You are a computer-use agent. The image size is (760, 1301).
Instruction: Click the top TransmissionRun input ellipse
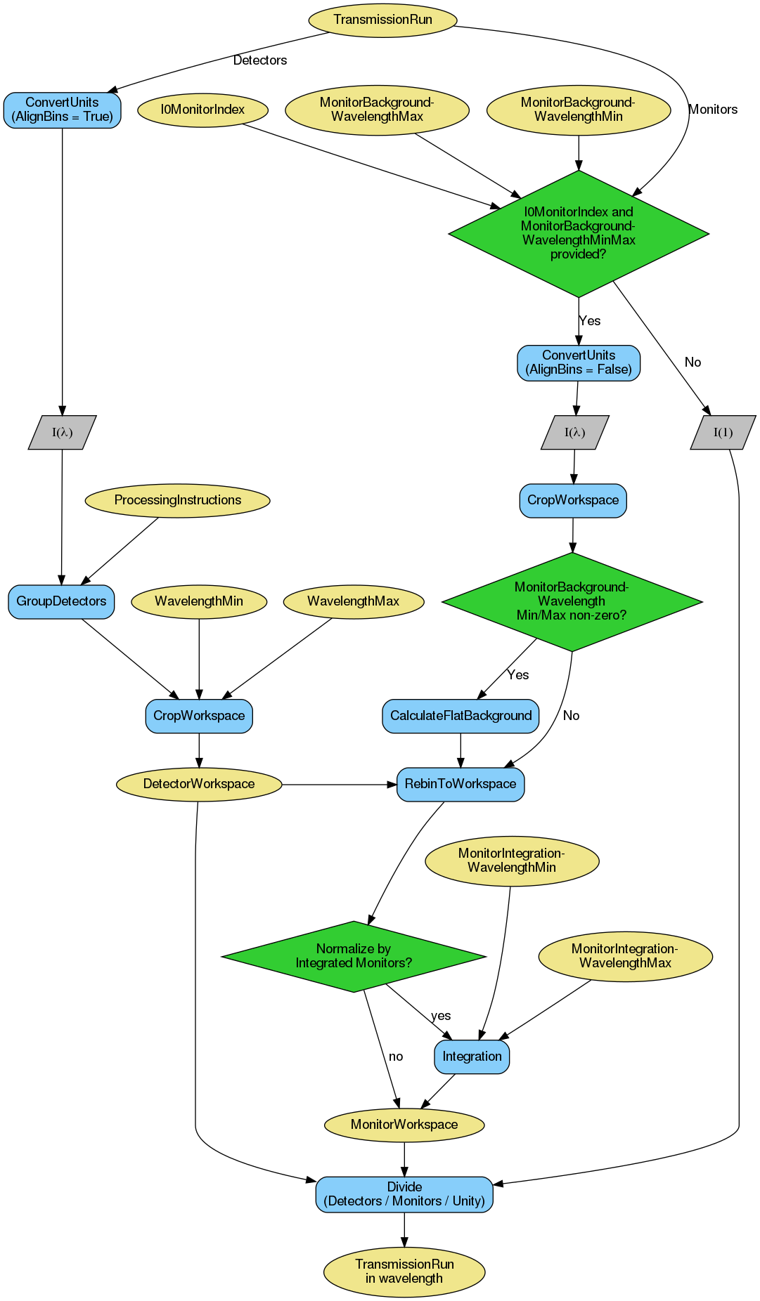click(x=382, y=20)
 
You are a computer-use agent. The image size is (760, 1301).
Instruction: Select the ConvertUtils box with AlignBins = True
click(x=62, y=110)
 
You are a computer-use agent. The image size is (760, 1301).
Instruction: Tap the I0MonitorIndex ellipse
click(x=202, y=110)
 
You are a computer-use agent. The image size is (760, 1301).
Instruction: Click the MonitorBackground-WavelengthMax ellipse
click(x=377, y=110)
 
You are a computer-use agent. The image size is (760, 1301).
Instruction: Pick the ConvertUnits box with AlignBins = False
click(x=579, y=362)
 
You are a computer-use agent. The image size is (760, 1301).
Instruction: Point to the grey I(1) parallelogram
click(x=723, y=433)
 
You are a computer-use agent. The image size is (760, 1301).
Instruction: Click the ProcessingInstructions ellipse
click(x=177, y=500)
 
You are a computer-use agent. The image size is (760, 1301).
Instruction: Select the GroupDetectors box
click(x=61, y=601)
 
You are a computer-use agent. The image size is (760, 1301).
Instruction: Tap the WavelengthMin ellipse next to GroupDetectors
click(x=199, y=601)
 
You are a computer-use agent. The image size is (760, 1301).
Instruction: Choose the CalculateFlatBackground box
click(x=460, y=716)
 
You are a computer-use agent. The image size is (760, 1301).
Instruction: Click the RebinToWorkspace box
click(x=460, y=784)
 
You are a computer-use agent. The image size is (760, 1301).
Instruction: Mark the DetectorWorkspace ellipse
click(x=199, y=784)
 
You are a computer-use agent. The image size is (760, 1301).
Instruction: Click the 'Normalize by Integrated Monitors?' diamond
click(x=354, y=956)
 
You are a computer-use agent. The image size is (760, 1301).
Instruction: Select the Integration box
click(x=472, y=1057)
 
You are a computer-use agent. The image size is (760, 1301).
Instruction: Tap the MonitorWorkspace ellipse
click(x=404, y=1125)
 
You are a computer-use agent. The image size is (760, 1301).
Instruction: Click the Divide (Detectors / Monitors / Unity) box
click(x=404, y=1194)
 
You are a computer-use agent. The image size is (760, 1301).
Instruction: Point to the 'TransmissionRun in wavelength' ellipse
click(x=404, y=1271)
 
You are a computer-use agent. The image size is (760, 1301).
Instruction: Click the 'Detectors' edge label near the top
click(x=259, y=60)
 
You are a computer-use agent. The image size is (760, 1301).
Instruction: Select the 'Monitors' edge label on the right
click(x=713, y=110)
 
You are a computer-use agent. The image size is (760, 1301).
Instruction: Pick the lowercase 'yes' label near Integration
click(x=441, y=1016)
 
